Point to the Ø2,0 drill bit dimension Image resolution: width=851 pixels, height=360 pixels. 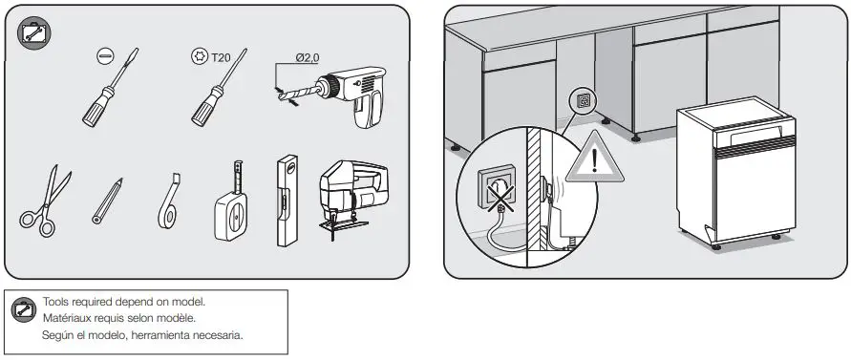[307, 57]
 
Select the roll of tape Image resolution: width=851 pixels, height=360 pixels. [170, 204]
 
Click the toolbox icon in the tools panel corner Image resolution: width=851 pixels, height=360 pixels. [35, 33]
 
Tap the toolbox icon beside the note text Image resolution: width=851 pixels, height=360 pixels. [23, 309]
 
